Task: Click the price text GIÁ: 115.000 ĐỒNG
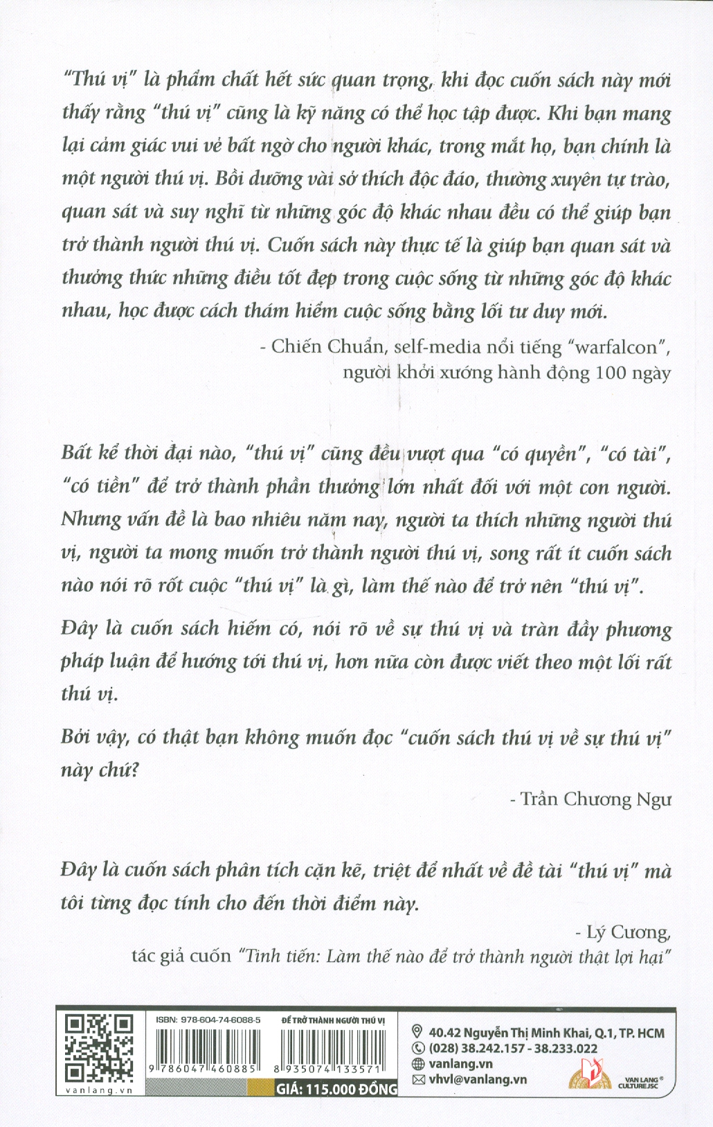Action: coord(336,1089)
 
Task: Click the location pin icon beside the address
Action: coord(417,1032)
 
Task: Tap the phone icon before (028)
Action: coord(417,1048)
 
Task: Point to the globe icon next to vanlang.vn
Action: coord(417,1064)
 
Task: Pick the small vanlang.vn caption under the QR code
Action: coord(98,1090)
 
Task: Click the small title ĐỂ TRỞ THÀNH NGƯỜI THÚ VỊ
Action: coord(334,1020)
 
